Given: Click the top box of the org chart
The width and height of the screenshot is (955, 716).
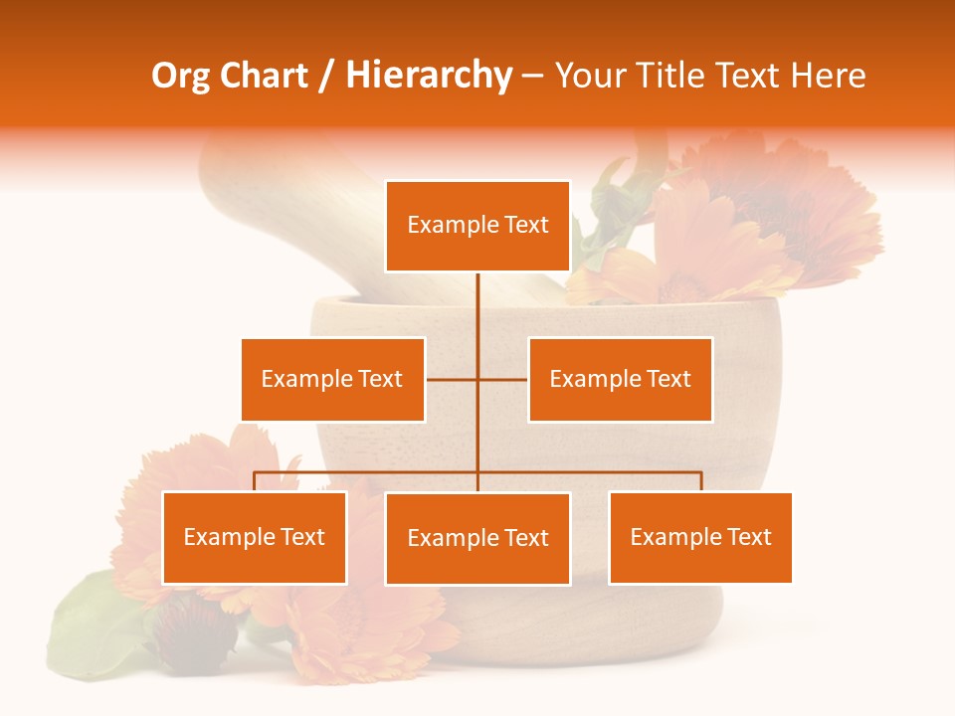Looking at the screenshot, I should (x=477, y=226).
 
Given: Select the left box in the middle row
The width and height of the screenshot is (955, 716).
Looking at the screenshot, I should (x=332, y=379).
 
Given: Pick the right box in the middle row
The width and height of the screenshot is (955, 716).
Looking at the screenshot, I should (x=620, y=379).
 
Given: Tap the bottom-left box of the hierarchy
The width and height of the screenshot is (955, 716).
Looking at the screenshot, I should (x=255, y=537).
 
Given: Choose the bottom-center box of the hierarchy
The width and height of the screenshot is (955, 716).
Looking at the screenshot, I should (x=477, y=538).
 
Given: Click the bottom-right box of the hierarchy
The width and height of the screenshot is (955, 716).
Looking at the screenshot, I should (x=700, y=537).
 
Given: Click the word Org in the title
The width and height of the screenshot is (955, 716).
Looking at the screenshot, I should (x=180, y=76).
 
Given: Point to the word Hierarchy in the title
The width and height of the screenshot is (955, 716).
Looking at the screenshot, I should (x=429, y=76).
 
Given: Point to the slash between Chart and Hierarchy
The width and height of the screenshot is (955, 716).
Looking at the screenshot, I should (x=328, y=76).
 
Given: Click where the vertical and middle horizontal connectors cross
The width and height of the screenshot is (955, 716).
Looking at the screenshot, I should (x=477, y=379).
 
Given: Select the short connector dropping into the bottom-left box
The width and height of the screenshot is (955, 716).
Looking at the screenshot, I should (x=255, y=482).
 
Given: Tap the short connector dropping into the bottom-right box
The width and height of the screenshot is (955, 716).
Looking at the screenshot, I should (x=700, y=482).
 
